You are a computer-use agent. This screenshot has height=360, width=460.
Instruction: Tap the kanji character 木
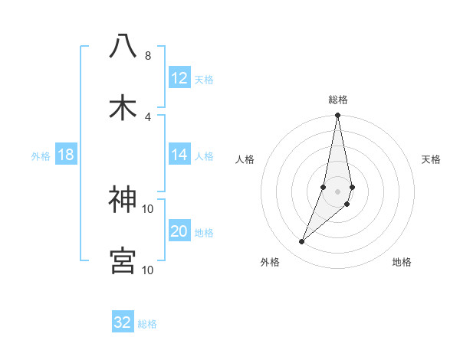tap(123, 108)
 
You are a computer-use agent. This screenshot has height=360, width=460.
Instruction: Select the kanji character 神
tap(123, 200)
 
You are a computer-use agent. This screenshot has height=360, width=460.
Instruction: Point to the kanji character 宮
tap(123, 260)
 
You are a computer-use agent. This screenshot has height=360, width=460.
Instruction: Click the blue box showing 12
tap(179, 77)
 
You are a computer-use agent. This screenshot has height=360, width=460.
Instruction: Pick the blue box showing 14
tap(179, 155)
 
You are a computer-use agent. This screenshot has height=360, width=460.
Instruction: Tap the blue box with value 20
tap(179, 231)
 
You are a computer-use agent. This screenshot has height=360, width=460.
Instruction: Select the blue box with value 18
tap(66, 155)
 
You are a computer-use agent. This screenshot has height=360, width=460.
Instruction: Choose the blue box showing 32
tap(123, 322)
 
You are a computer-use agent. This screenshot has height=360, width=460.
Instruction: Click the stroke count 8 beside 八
tap(147, 55)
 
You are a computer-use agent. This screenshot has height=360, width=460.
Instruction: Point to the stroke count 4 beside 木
tap(147, 116)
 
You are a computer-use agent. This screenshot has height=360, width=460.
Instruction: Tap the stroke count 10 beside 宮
tap(147, 270)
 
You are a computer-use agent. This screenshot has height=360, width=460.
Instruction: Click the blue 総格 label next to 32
tap(147, 323)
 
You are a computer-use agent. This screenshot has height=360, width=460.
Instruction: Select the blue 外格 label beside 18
tap(41, 155)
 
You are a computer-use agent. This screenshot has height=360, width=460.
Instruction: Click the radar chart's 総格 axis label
tap(338, 100)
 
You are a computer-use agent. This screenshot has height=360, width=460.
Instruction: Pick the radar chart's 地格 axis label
tap(402, 262)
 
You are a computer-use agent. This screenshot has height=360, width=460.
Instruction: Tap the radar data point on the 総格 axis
tap(338, 116)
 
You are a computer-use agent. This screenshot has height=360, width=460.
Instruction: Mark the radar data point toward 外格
tap(302, 242)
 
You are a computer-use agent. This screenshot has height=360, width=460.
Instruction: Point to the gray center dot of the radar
tap(338, 191)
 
